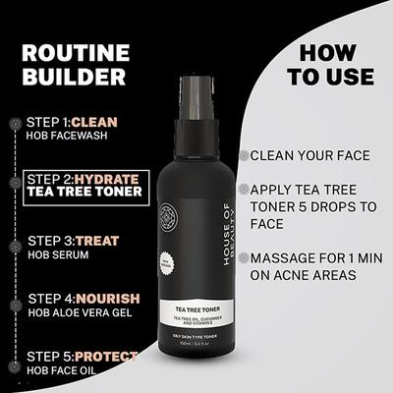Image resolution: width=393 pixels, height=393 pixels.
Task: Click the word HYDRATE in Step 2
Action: pos(110,180)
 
